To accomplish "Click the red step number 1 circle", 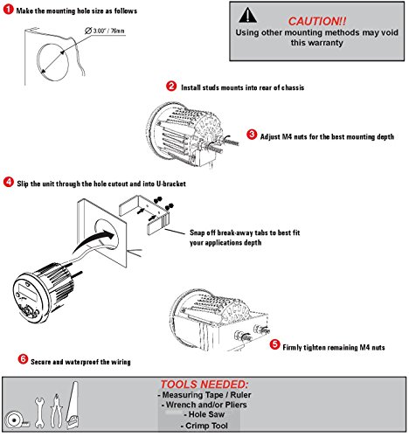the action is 8,10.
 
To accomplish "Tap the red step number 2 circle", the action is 171,86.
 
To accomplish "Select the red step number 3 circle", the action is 252,135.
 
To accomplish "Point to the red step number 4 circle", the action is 9,182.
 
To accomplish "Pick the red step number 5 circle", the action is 274,344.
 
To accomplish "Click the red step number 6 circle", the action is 23,359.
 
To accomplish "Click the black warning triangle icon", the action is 247,15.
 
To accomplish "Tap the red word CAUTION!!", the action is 317,21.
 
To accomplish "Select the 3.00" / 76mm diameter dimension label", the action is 105,31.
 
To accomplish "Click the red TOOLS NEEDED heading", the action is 204,385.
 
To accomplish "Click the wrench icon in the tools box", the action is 39,413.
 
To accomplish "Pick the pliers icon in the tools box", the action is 56,411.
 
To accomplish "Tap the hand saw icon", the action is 73,405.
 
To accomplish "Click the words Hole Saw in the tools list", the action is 206,414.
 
